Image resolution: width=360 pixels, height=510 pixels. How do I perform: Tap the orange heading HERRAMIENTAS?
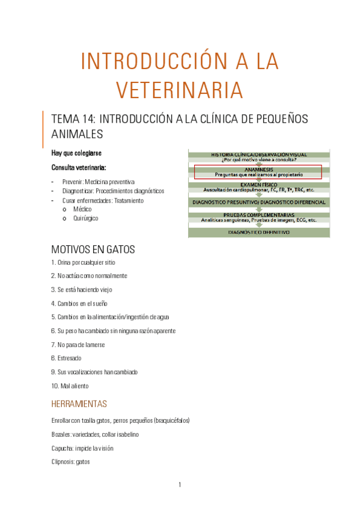[79, 404]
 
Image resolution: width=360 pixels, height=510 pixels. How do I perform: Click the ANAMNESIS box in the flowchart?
[258, 172]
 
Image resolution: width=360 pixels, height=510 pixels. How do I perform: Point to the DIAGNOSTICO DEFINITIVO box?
[258, 232]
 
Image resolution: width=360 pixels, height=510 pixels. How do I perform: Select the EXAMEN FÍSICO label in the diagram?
[258, 185]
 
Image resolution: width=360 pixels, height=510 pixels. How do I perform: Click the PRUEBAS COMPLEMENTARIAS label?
[258, 214]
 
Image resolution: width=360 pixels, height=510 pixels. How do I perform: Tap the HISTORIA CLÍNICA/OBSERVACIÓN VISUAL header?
[258, 155]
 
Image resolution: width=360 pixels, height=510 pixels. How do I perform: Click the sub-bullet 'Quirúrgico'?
[85, 218]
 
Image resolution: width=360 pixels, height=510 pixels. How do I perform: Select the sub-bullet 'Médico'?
[82, 209]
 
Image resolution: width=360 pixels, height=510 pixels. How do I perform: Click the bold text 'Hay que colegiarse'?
[76, 153]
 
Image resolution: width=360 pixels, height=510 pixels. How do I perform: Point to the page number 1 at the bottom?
[180, 485]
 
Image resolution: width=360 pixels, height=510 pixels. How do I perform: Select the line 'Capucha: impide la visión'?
[82, 448]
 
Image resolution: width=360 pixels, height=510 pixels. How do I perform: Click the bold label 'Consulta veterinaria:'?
[79, 167]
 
